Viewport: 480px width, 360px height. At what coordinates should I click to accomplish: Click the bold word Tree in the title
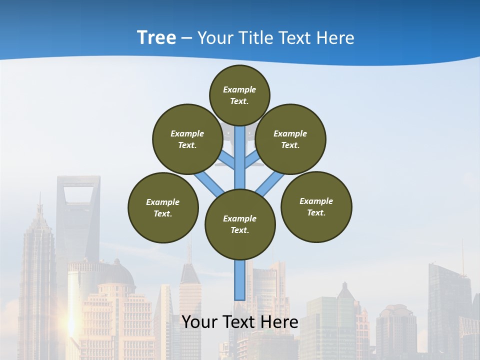point(156,37)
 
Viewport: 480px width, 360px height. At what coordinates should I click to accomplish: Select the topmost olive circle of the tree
point(239,95)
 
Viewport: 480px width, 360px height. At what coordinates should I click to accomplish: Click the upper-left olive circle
point(187,139)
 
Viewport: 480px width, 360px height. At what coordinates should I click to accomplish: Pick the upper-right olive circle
point(290,139)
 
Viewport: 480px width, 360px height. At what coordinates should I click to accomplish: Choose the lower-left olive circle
point(163,207)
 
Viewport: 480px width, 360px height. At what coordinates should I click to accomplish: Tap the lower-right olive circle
point(316,206)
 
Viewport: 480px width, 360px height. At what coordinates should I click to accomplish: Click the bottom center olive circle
point(240,224)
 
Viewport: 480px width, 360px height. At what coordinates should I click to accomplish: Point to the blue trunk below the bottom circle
point(239,280)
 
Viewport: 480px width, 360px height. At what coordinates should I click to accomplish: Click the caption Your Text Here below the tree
point(240,322)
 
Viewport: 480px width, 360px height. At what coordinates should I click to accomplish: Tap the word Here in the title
point(334,38)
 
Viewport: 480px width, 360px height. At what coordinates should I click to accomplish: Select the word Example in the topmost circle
point(239,90)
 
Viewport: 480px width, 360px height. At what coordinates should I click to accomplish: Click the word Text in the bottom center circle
point(239,230)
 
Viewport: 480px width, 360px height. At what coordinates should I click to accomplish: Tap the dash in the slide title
point(186,38)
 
